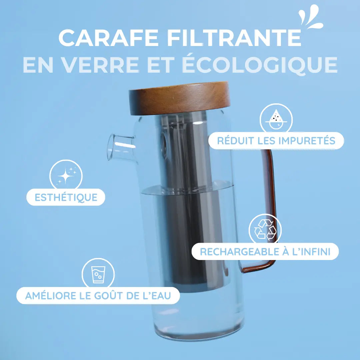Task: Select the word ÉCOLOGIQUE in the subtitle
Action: pyautogui.click(x=260, y=65)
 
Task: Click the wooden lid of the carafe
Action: pyautogui.click(x=179, y=98)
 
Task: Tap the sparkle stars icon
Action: pyautogui.click(x=66, y=176)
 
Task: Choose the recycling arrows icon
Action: pyautogui.click(x=265, y=230)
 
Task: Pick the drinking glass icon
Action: pyautogui.click(x=98, y=274)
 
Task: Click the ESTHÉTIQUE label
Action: pyautogui.click(x=66, y=197)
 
